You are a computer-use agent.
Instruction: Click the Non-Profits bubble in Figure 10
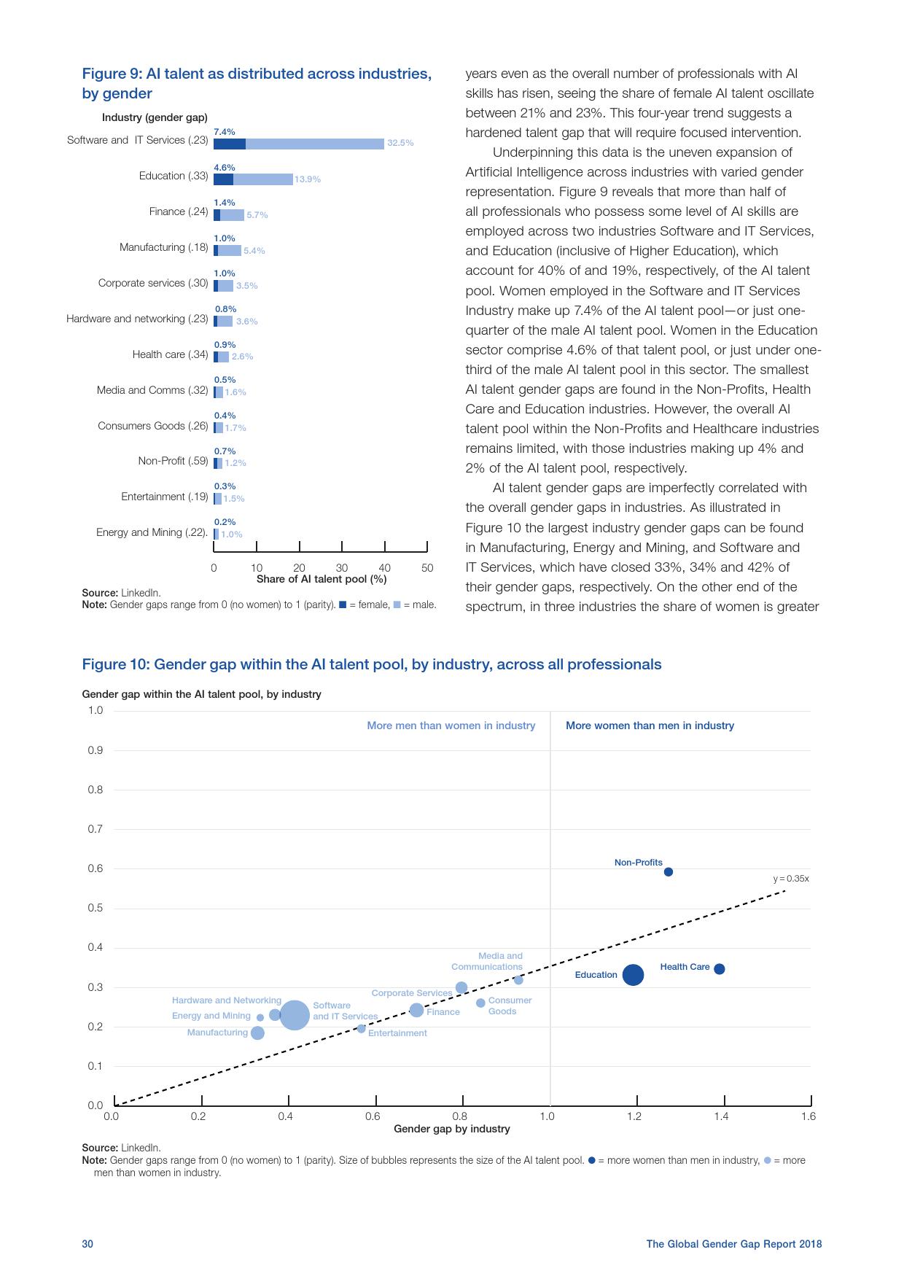click(668, 872)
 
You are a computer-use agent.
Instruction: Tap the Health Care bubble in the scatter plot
click(719, 969)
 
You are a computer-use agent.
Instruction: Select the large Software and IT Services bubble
click(295, 1015)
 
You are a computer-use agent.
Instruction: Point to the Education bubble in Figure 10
click(633, 975)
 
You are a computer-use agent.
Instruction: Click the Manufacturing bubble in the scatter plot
click(257, 1033)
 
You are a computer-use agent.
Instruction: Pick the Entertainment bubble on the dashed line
click(361, 1029)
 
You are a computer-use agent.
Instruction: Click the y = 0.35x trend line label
click(790, 879)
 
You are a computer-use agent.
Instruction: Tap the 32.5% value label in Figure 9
click(400, 144)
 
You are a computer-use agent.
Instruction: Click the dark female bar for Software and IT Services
click(229, 144)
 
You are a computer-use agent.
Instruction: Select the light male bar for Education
click(262, 179)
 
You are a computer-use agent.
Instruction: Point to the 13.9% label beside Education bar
click(308, 179)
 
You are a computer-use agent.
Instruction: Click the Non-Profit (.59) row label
click(173, 461)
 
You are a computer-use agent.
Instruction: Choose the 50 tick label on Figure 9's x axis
click(427, 568)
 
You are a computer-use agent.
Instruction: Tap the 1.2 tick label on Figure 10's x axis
click(634, 1116)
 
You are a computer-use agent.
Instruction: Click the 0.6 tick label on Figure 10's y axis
click(96, 868)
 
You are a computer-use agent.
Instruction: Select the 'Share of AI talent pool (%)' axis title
click(321, 579)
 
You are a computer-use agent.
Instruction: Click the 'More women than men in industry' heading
click(650, 726)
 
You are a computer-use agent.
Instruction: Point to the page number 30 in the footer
click(87, 1244)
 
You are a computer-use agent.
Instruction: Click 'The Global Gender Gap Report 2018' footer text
click(733, 1244)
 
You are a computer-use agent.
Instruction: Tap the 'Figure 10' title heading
click(371, 664)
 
